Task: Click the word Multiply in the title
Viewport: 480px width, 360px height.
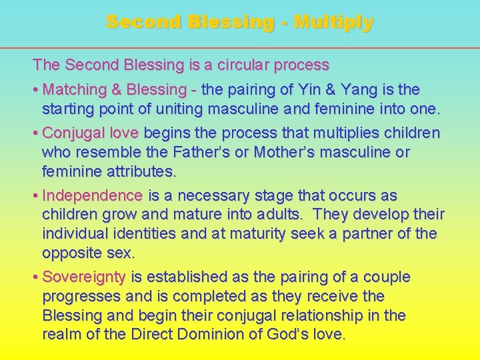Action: (334, 23)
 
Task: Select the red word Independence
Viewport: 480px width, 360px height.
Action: (92, 196)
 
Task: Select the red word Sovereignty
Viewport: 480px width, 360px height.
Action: (84, 277)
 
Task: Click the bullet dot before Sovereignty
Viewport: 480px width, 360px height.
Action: (36, 277)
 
